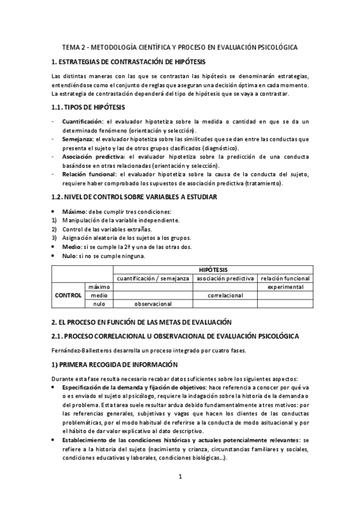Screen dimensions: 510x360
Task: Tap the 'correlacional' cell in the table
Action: pos(225,295)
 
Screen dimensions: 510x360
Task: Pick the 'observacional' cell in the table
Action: pos(153,304)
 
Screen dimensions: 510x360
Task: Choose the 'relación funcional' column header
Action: pos(285,278)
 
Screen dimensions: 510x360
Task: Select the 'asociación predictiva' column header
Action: pos(225,278)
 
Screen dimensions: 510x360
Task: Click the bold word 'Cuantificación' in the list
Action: pos(82,121)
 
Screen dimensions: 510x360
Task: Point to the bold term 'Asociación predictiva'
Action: pos(91,156)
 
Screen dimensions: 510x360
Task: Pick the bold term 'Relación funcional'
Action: pos(87,174)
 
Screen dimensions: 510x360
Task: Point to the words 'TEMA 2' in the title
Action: pos(76,47)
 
